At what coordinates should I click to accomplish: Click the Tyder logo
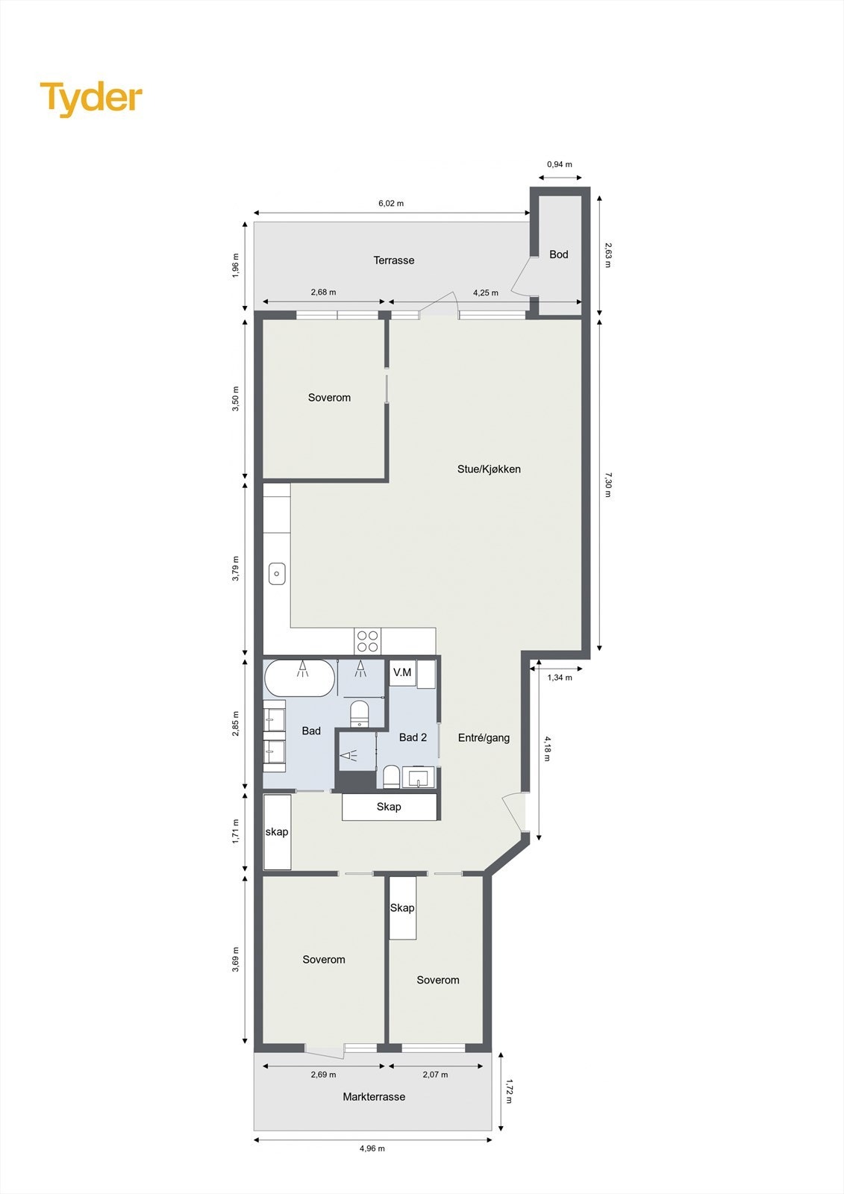[91, 99]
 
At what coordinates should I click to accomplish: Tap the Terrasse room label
[394, 260]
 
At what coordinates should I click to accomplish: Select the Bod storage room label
[559, 254]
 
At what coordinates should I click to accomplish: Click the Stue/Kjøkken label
[489, 469]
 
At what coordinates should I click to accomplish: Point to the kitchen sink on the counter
[277, 574]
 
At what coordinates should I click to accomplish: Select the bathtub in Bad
[299, 678]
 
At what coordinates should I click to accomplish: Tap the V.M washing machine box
[402, 672]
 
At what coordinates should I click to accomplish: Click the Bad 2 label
[413, 737]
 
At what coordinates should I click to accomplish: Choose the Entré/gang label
[484, 738]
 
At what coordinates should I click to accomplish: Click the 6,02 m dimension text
[391, 203]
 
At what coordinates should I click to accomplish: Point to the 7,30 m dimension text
[607, 484]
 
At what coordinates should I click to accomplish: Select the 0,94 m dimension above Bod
[560, 164]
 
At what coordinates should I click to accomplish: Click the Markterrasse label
[374, 1097]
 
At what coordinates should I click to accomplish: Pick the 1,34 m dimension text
[560, 678]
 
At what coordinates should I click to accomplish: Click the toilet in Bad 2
[391, 777]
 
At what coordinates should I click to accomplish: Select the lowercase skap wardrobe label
[277, 832]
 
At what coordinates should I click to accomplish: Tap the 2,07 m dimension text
[435, 1075]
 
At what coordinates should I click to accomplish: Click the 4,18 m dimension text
[547, 748]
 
